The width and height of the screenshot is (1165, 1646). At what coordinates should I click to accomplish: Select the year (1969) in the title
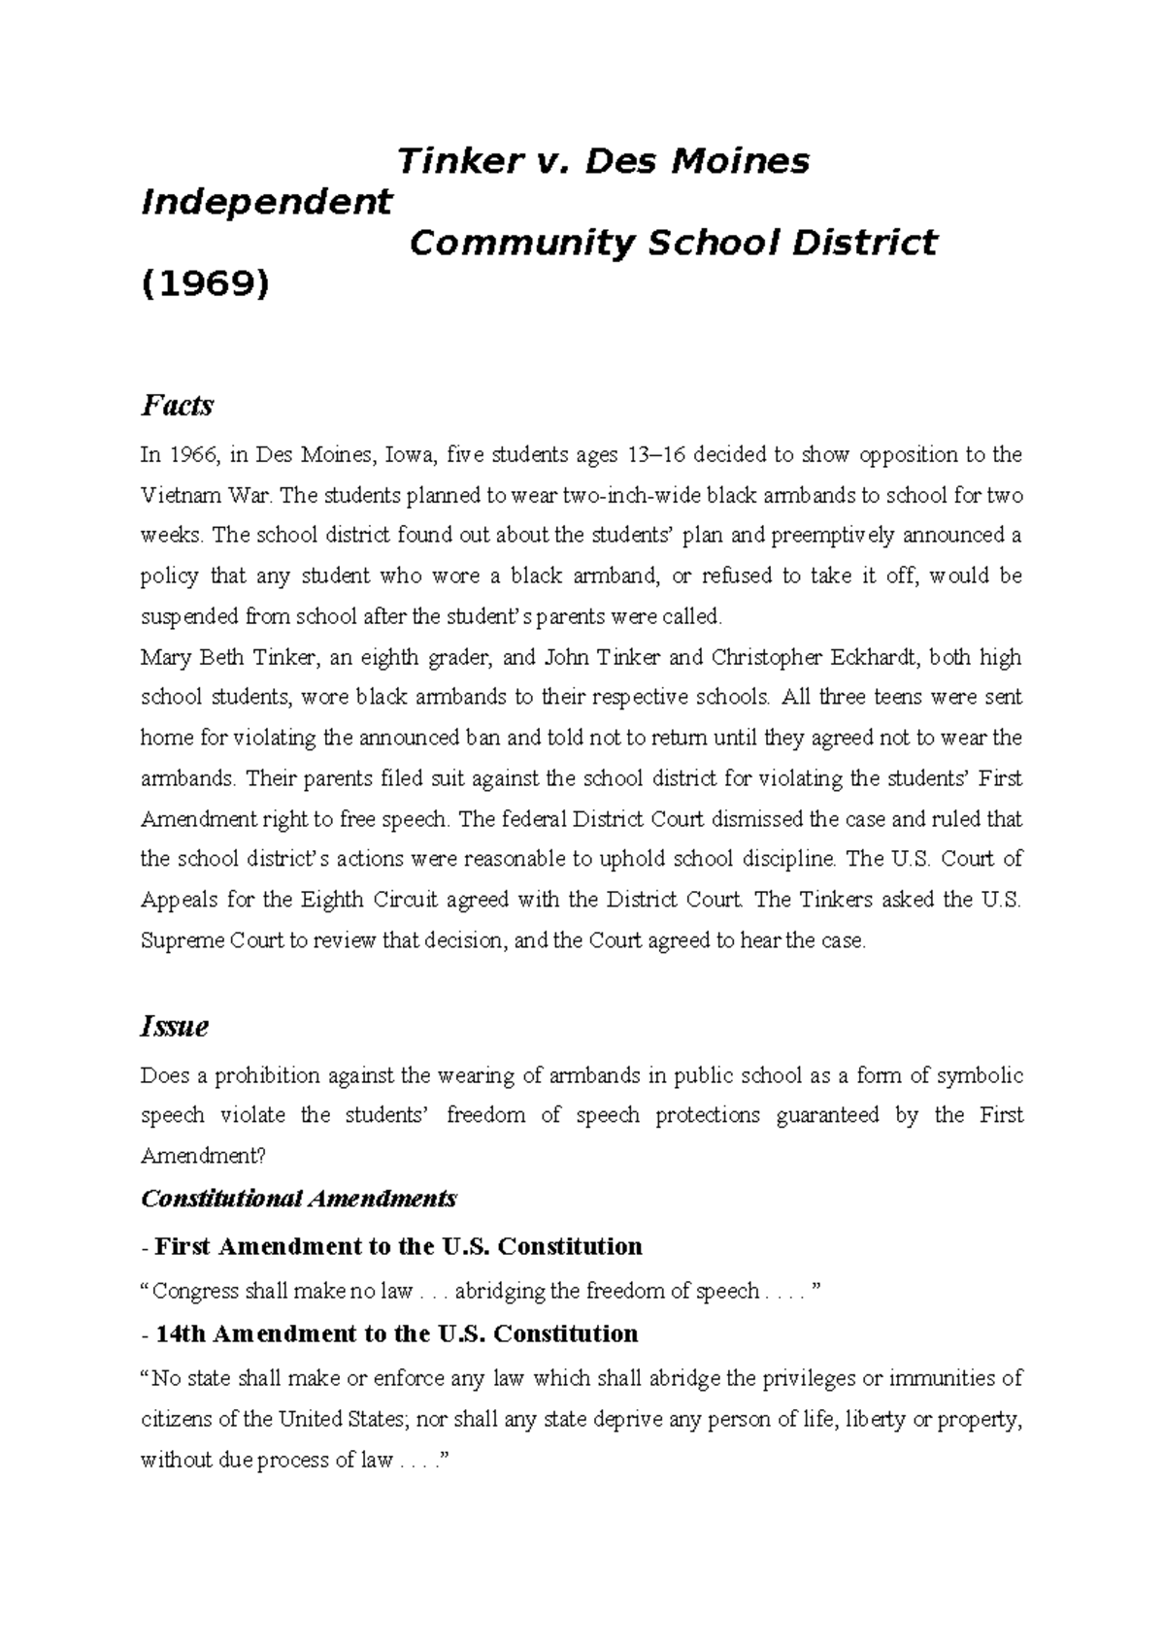pyautogui.click(x=205, y=284)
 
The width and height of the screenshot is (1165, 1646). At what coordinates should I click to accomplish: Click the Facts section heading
pyautogui.click(x=177, y=405)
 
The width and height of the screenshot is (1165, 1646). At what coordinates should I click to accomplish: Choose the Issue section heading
pyautogui.click(x=175, y=1027)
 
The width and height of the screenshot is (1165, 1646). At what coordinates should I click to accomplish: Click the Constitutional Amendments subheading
pyautogui.click(x=299, y=1199)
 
